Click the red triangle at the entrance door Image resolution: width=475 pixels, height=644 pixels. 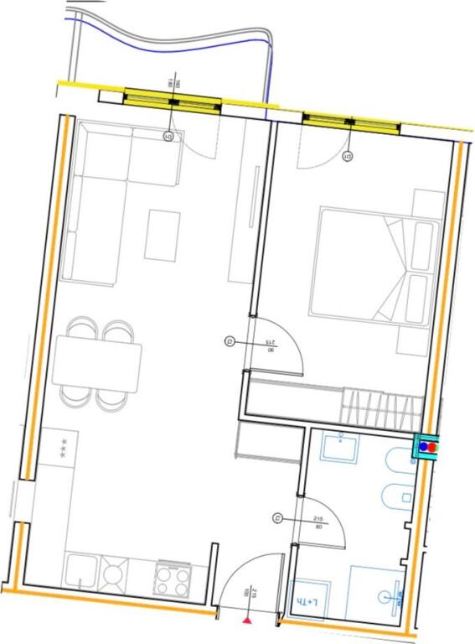[x=247, y=621]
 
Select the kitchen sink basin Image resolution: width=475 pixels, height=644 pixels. [x=80, y=573]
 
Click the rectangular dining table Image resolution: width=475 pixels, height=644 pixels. [x=96, y=362]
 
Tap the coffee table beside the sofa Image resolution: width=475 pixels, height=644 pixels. [x=162, y=235]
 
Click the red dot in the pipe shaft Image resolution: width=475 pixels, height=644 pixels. [x=432, y=447]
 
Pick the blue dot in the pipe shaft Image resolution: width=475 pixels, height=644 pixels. [x=424, y=447]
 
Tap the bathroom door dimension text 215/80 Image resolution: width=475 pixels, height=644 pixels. [x=318, y=524]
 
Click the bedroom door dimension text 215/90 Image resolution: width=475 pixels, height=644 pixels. [x=270, y=346]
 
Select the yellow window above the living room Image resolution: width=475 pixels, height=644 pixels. [x=173, y=101]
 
